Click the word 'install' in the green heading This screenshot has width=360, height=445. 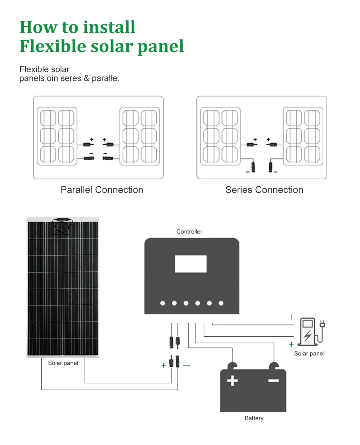click(x=109, y=27)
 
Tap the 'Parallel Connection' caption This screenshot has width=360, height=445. click(x=102, y=190)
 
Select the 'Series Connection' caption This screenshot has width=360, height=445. click(x=264, y=190)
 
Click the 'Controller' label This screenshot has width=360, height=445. click(x=189, y=231)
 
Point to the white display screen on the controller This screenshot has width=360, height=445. click(x=191, y=264)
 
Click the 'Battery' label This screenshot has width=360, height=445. click(x=254, y=418)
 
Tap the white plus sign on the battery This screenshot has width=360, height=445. click(x=232, y=381)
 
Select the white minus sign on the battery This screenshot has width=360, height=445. click(x=274, y=381)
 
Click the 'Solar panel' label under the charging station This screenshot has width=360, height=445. click(x=309, y=354)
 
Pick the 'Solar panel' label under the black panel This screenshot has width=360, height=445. click(x=63, y=363)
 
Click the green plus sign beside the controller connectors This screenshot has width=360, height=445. click(x=164, y=365)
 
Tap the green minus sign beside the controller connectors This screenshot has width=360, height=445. click(x=186, y=365)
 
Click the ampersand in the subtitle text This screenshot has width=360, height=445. click(x=86, y=78)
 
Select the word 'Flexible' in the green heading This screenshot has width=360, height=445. click(x=53, y=46)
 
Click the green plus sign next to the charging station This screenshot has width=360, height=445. click(x=291, y=344)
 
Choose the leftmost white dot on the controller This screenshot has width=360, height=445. click(x=162, y=303)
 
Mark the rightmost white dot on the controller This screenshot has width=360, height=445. click(x=221, y=303)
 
